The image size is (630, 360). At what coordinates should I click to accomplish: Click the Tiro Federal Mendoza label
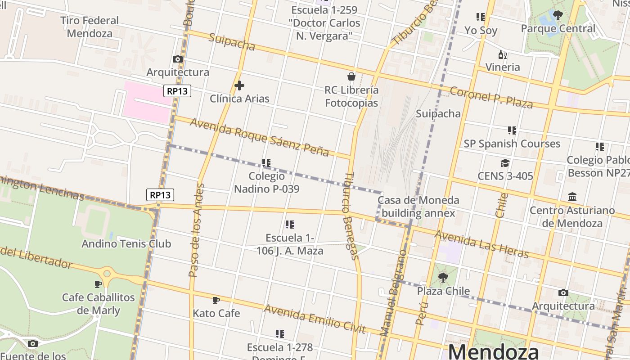tap(90, 27)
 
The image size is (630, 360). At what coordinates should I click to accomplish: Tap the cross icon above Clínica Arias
tap(239, 85)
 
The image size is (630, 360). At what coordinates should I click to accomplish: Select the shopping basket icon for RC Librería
tap(351, 76)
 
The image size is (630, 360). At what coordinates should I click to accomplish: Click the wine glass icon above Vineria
tap(503, 55)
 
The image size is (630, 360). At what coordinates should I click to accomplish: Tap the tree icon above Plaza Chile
tap(443, 277)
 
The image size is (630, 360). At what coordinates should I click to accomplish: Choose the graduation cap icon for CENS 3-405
tap(505, 163)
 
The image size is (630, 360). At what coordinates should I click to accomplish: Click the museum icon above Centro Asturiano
tap(572, 197)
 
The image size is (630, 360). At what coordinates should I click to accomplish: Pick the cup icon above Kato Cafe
tap(216, 300)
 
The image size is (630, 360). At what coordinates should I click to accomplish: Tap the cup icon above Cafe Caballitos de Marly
tap(98, 284)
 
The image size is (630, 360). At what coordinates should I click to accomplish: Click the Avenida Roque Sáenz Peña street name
tap(259, 137)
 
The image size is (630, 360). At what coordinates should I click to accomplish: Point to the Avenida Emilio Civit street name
tap(314, 319)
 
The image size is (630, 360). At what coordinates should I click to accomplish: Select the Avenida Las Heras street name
tap(481, 244)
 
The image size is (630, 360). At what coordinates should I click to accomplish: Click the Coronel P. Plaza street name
tap(491, 97)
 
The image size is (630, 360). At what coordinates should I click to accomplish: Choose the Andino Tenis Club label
tap(126, 244)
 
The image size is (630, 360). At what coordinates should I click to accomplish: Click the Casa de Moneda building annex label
tap(418, 207)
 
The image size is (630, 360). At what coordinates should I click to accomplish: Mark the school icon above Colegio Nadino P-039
tap(266, 163)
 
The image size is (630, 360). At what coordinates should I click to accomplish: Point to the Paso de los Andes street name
tap(196, 229)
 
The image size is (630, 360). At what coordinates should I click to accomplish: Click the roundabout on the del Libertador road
tap(107, 272)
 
